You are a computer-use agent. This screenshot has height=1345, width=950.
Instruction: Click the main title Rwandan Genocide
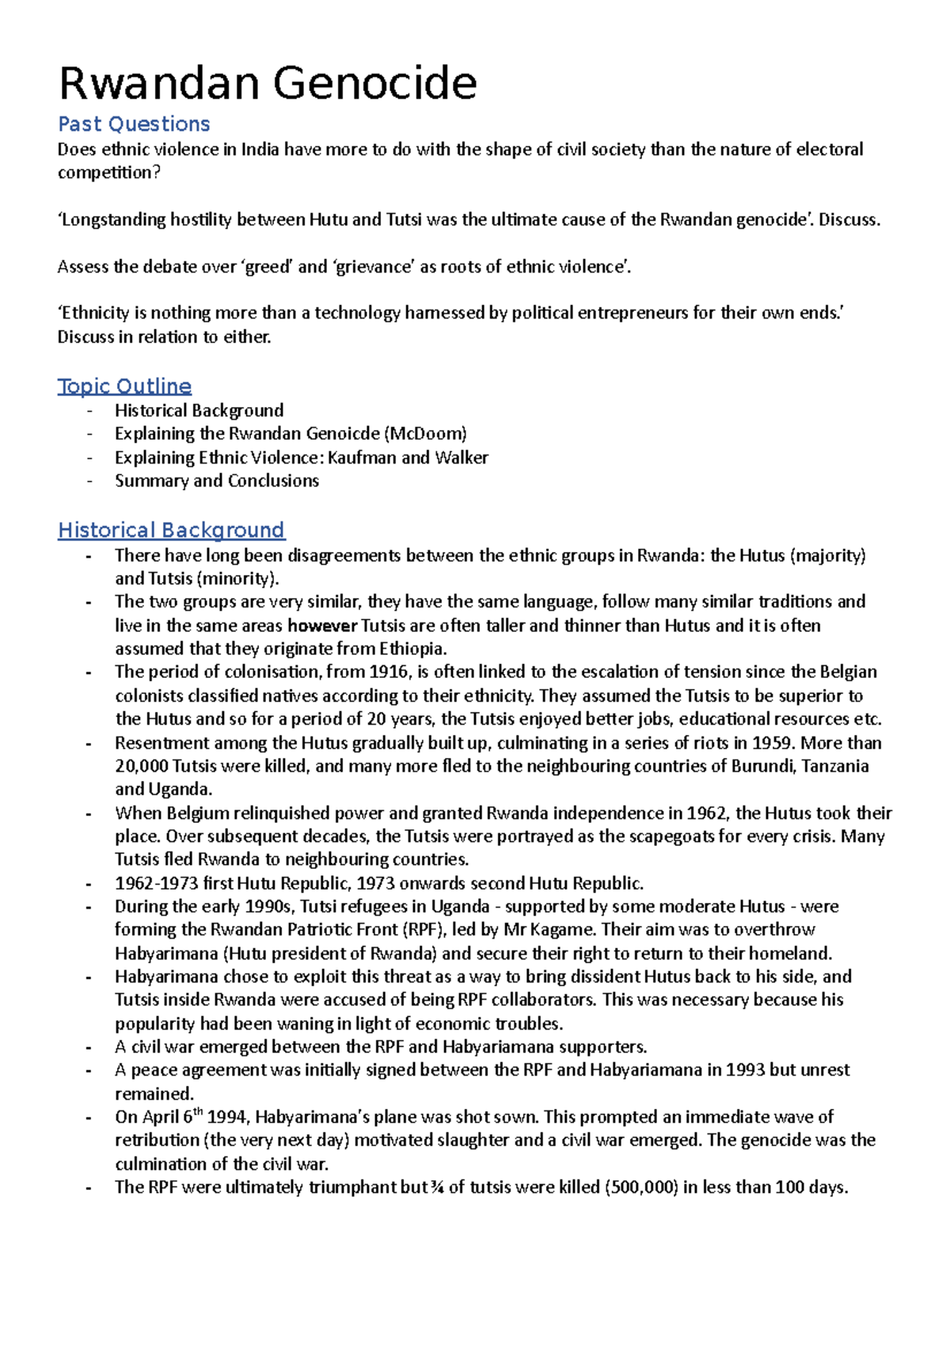pyautogui.click(x=268, y=84)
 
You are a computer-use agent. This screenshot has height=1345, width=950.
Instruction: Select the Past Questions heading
pyautogui.click(x=134, y=124)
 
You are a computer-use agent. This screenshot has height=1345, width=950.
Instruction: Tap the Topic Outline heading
pyautogui.click(x=124, y=387)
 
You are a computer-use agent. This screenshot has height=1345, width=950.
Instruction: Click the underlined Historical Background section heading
pyautogui.click(x=171, y=530)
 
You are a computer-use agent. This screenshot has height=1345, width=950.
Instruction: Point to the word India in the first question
pyautogui.click(x=260, y=150)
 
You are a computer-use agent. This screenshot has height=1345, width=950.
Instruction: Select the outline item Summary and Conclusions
pyautogui.click(x=216, y=481)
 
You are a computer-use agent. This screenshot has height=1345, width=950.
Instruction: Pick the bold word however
pyautogui.click(x=322, y=626)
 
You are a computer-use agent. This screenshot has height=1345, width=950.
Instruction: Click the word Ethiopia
pyautogui.click(x=412, y=649)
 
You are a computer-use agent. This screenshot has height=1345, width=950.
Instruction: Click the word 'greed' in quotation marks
pyautogui.click(x=267, y=267)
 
